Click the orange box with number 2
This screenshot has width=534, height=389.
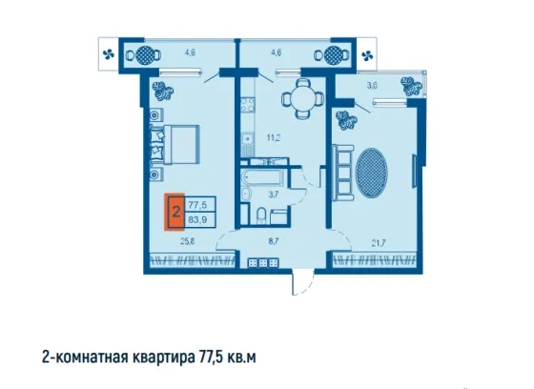(175, 212)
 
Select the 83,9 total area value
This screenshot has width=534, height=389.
(198, 219)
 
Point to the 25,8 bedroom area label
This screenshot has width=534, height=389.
(188, 242)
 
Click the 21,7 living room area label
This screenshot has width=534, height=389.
(379, 243)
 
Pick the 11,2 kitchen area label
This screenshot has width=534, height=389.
(273, 138)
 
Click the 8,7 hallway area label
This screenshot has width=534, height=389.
(274, 241)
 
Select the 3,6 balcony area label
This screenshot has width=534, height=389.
(372, 86)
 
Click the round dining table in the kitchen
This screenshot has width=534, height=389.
(302, 99)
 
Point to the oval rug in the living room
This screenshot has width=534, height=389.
(371, 173)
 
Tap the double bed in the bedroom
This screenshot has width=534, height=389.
(175, 145)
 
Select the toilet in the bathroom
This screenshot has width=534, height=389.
(261, 215)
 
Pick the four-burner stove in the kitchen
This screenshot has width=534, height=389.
(248, 105)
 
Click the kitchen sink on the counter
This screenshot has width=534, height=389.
(247, 139)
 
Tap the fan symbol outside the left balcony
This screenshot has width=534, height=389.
(109, 53)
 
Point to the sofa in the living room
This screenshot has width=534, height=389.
(343, 173)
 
